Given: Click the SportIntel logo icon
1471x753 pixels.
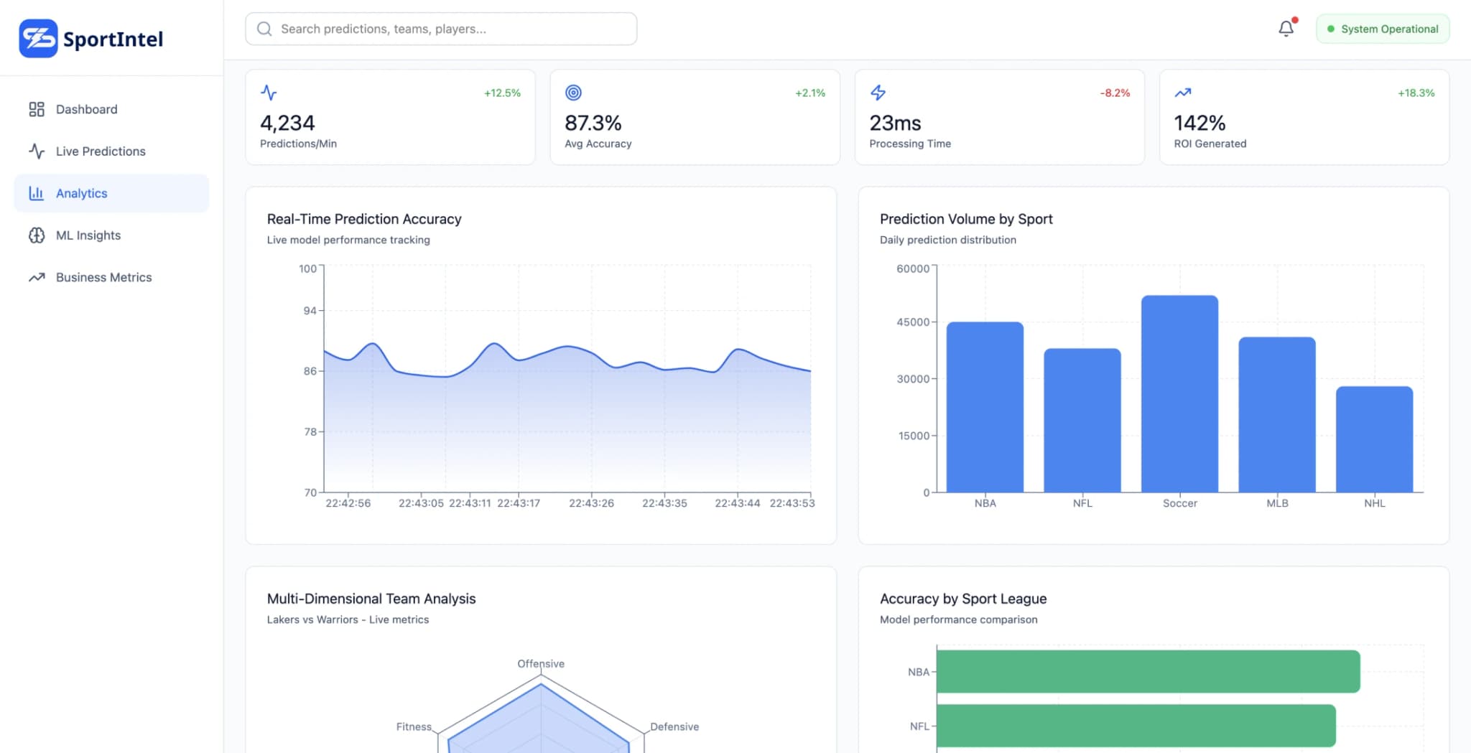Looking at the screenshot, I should [38, 39].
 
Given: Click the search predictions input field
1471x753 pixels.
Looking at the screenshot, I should [441, 29].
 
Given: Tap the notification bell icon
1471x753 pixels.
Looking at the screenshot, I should [1286, 29].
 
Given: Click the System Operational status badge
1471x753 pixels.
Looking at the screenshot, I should [1382, 29].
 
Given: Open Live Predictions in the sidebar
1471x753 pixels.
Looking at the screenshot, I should [101, 151].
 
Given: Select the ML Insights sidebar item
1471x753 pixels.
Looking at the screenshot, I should [88, 235].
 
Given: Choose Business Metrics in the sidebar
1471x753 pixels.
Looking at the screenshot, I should [103, 277].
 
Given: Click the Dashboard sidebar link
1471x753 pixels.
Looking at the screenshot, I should [86, 109].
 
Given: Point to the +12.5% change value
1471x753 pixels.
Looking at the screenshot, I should [502, 93].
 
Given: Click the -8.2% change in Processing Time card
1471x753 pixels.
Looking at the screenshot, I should [1115, 93].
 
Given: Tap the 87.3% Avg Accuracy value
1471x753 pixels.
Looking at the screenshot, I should [593, 123].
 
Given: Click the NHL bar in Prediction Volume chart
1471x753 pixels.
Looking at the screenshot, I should [1374, 439].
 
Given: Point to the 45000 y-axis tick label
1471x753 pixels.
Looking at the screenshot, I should [913, 322].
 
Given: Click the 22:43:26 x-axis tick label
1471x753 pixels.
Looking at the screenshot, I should [591, 503].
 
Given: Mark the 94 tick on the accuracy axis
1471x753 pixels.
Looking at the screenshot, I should [310, 311].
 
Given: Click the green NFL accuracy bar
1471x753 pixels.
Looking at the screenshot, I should [1136, 726].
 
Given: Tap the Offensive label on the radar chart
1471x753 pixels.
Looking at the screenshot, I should [541, 664].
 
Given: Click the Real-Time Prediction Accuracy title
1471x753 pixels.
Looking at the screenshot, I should [364, 219].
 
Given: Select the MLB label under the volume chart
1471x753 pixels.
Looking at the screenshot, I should [1277, 503].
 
